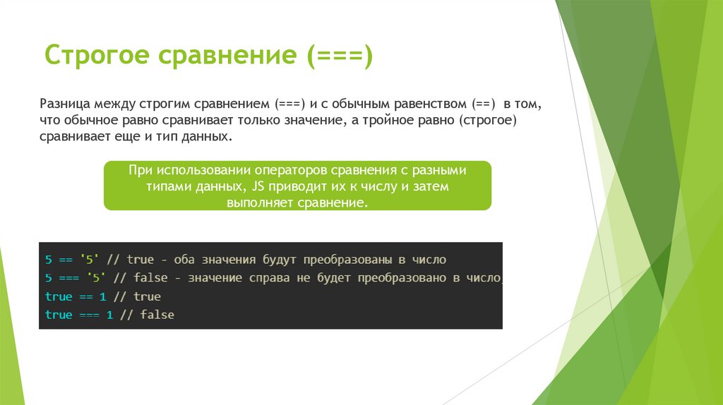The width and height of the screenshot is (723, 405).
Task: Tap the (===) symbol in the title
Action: [x=338, y=56]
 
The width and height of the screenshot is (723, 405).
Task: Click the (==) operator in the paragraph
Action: [x=482, y=104]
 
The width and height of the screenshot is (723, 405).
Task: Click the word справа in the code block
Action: [x=267, y=278]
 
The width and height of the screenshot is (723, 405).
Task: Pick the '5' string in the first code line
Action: [x=89, y=260]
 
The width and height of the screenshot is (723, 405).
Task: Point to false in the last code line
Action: [x=157, y=315]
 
